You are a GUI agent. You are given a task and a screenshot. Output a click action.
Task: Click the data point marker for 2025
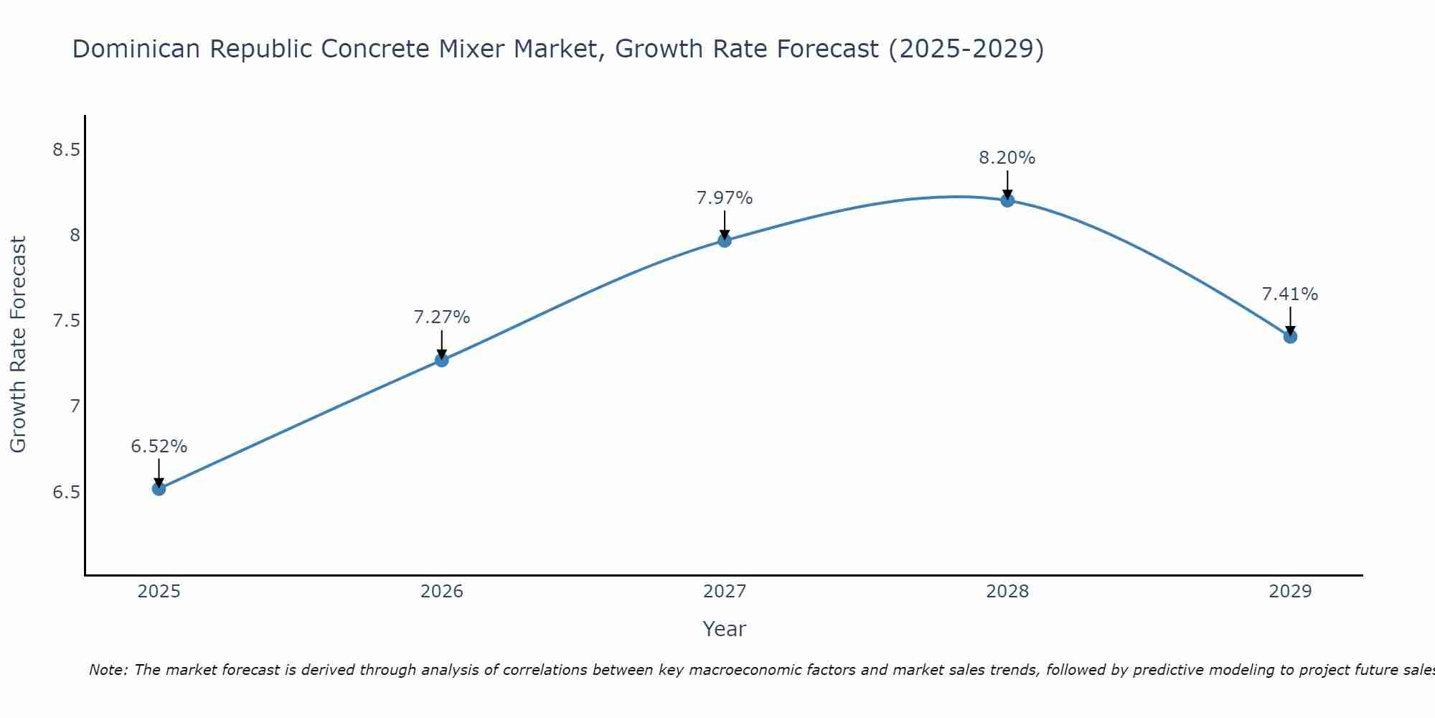pyautogui.click(x=159, y=489)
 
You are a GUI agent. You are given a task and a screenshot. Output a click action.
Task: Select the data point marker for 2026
pyautogui.click(x=442, y=360)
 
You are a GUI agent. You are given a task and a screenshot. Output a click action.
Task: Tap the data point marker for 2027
pyautogui.click(x=725, y=241)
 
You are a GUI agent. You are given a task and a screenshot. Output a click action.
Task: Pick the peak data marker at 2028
pyautogui.click(x=1007, y=200)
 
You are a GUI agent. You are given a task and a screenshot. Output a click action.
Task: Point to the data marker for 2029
pyautogui.click(x=1290, y=336)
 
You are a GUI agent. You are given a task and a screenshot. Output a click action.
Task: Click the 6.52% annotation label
pyautogui.click(x=159, y=447)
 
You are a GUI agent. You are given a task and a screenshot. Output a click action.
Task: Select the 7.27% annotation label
pyautogui.click(x=442, y=317)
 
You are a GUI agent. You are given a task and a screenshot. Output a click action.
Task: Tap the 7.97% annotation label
pyautogui.click(x=725, y=198)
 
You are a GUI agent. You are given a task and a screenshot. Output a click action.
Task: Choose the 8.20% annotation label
pyautogui.click(x=1007, y=158)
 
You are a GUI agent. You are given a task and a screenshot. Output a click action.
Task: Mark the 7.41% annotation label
pyautogui.click(x=1290, y=294)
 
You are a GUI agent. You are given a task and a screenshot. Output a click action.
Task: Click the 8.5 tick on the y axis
pyautogui.click(x=66, y=150)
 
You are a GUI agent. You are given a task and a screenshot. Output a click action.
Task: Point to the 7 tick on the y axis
pyautogui.click(x=75, y=406)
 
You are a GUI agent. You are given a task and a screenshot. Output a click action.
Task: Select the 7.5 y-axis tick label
pyautogui.click(x=66, y=321)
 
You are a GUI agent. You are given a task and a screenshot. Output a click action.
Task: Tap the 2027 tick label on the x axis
pyautogui.click(x=725, y=592)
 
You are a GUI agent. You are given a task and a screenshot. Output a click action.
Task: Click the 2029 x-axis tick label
pyautogui.click(x=1290, y=592)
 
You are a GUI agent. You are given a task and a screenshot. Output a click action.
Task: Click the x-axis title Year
pyautogui.click(x=725, y=629)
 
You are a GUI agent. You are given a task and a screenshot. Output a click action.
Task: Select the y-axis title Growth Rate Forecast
pyautogui.click(x=19, y=345)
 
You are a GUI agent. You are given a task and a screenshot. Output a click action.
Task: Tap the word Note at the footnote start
pyautogui.click(x=108, y=670)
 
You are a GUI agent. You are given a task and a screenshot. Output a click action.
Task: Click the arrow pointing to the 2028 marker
pyautogui.click(x=1007, y=184)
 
